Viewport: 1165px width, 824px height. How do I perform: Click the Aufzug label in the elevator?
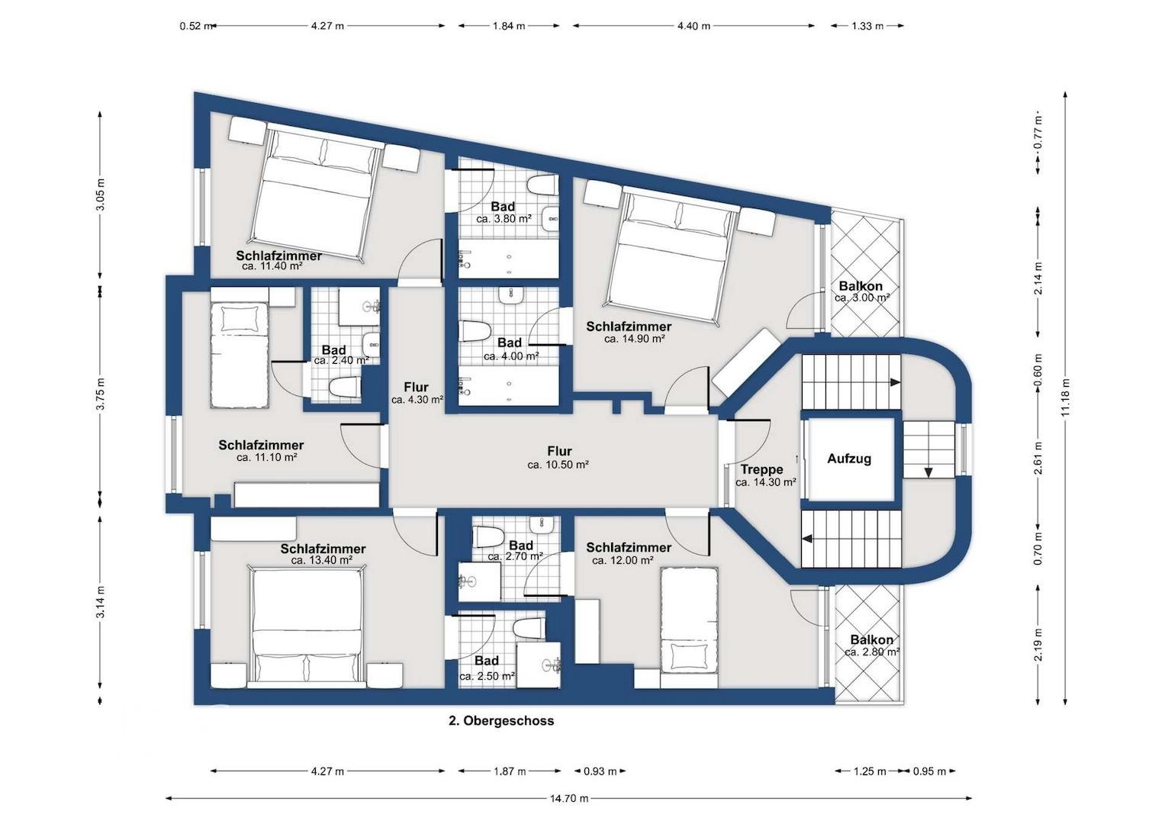coord(849,459)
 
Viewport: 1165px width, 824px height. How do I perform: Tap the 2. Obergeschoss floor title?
coord(500,721)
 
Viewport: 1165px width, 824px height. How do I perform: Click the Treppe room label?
coord(762,470)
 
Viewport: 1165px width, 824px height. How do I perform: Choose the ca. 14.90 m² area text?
coord(635,339)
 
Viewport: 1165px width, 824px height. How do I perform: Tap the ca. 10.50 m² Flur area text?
coord(558,465)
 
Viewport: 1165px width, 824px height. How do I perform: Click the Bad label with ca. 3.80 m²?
coord(503,207)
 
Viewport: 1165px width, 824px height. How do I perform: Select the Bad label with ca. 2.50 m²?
coord(487,661)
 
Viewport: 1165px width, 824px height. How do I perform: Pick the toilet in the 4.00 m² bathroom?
coord(475,332)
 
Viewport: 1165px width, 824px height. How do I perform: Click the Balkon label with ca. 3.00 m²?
coord(861,286)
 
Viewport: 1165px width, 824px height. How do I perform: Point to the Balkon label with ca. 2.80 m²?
coord(872,640)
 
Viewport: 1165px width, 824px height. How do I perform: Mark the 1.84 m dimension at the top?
coord(509,26)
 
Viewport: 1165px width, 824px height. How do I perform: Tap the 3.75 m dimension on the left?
coord(101,394)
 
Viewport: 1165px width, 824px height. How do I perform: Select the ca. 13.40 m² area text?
coord(322,560)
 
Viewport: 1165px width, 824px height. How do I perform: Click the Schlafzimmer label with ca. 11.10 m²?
coord(261,446)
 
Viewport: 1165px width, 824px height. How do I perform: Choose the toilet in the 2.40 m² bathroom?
coord(346,388)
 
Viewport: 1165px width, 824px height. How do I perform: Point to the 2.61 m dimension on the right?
coord(1038,458)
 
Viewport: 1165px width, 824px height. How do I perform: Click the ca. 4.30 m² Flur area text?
coord(417,400)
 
